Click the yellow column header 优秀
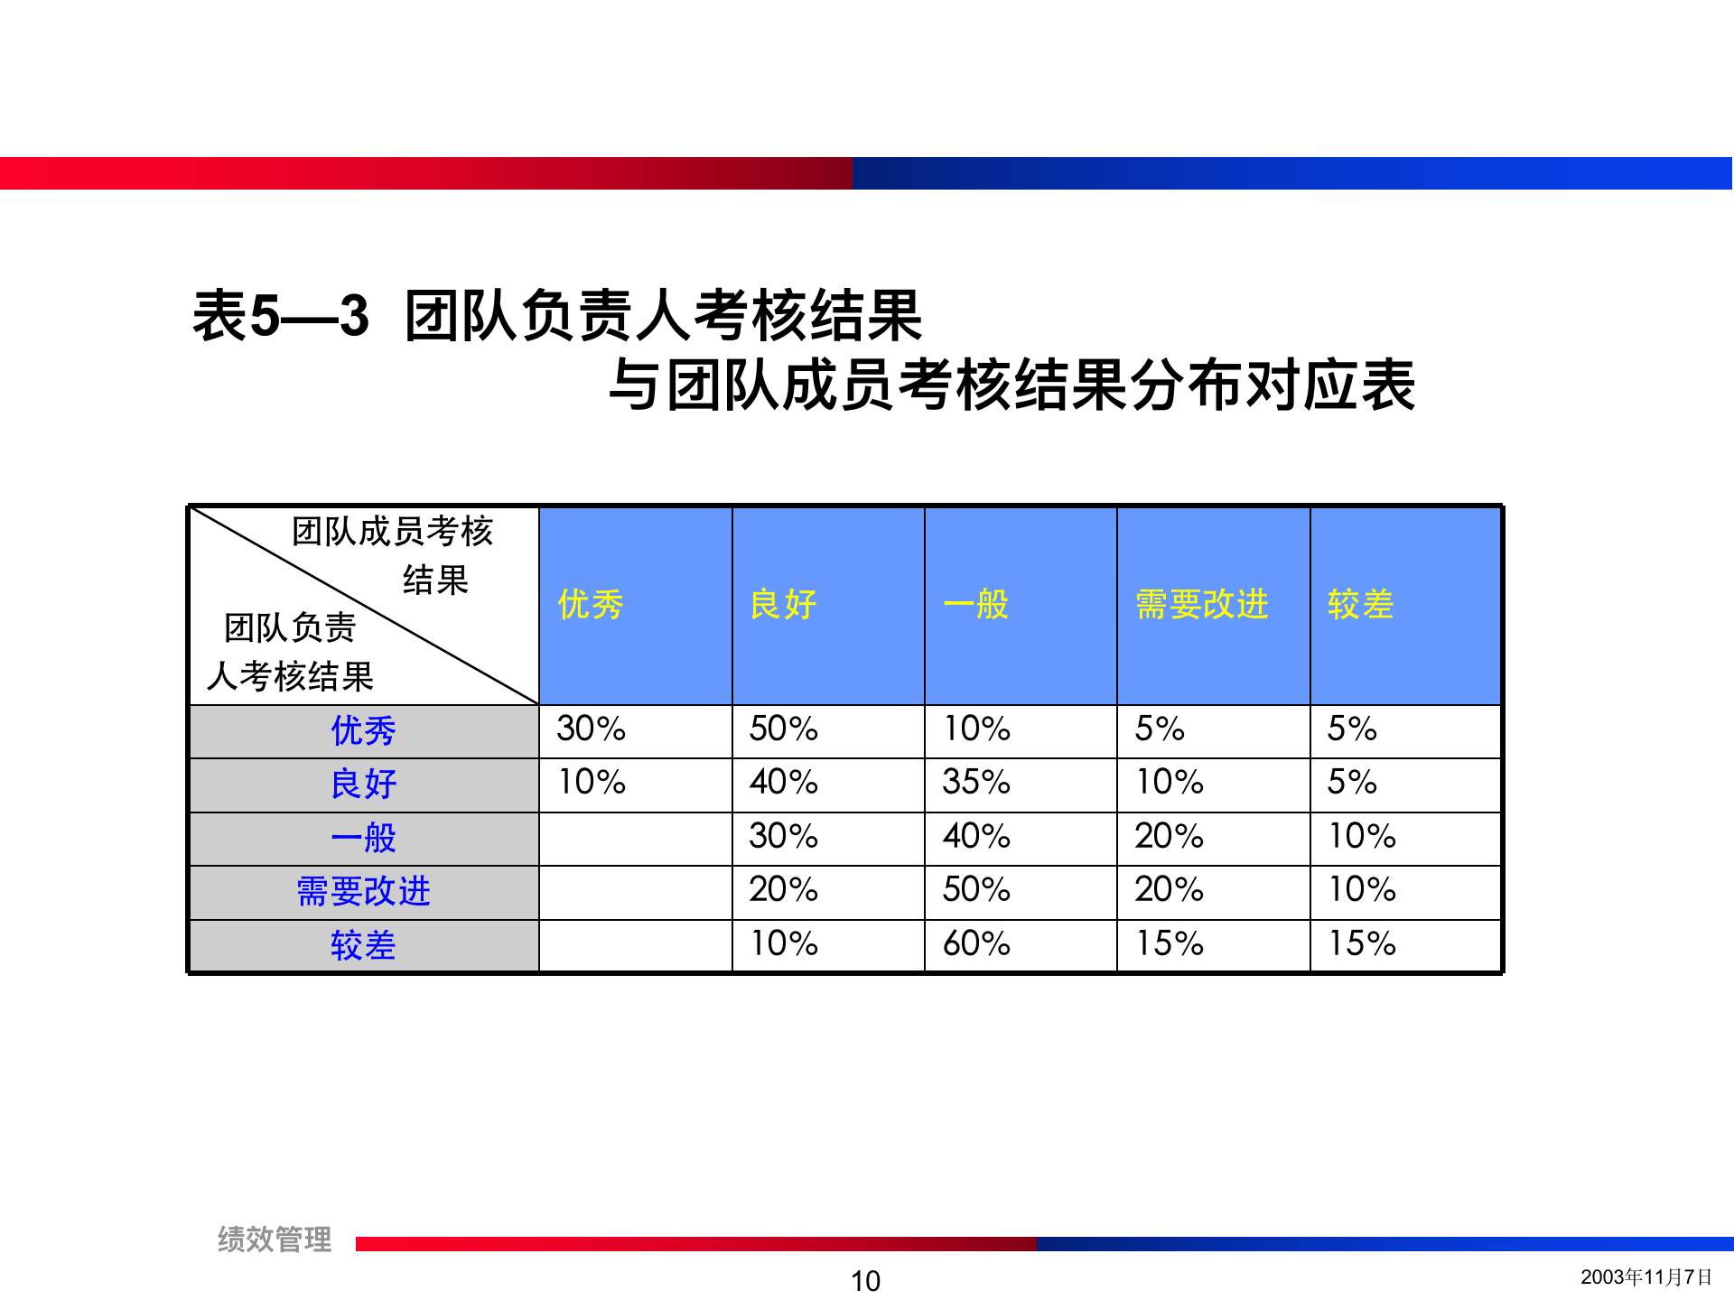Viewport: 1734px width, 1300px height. (591, 604)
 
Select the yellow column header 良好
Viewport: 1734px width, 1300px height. (783, 604)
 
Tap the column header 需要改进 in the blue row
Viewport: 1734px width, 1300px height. (1201, 604)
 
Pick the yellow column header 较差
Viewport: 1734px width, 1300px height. (1360, 604)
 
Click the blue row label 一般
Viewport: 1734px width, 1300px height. (363, 838)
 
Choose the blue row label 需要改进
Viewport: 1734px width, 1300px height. (363, 891)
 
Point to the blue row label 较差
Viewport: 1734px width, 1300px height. (363, 945)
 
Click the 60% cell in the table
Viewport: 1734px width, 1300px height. (976, 943)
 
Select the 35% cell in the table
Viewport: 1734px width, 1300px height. (976, 782)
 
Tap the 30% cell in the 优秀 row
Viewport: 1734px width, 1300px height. (591, 729)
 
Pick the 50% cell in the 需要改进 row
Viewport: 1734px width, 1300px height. (976, 889)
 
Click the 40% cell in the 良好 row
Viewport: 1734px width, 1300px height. (783, 782)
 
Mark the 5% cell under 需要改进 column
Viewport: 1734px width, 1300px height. (1160, 729)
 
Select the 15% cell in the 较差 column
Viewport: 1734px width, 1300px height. (1362, 943)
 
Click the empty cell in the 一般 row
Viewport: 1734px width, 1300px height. (635, 838)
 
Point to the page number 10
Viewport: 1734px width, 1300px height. (865, 1280)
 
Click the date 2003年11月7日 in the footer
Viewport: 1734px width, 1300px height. (1645, 1277)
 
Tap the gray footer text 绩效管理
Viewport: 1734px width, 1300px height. (275, 1240)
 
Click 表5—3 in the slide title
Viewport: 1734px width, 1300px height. (281, 316)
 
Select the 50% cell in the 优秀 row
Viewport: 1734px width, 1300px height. (783, 729)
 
